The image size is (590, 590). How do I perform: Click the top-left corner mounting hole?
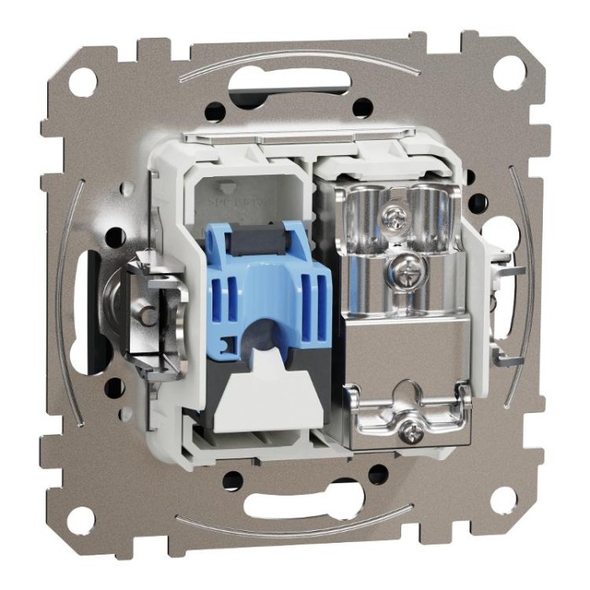click(x=83, y=82)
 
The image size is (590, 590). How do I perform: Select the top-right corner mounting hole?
click(x=508, y=73)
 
